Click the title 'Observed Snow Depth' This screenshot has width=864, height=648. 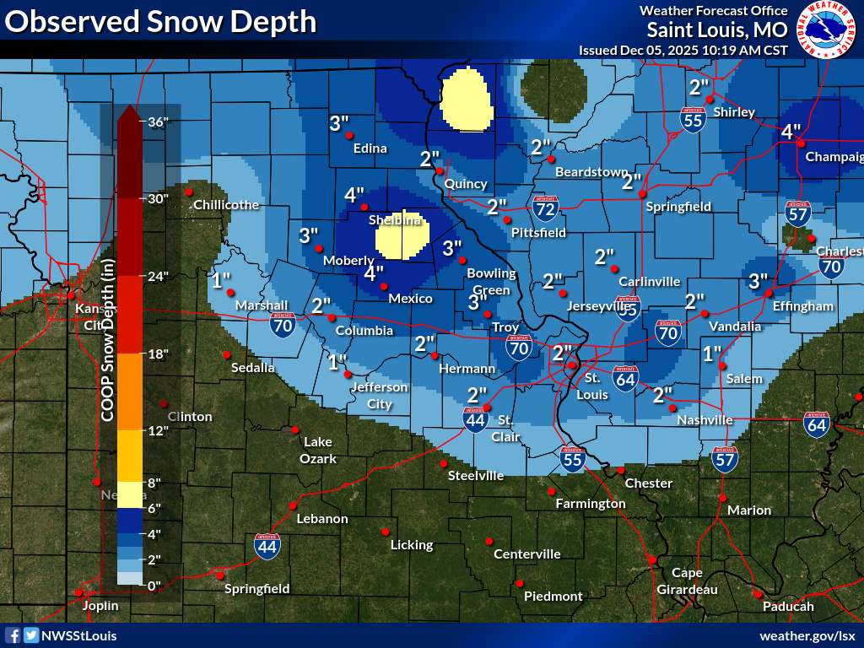pos(160,22)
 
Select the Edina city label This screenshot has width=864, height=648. pos(370,148)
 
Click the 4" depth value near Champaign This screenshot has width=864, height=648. pos(791,132)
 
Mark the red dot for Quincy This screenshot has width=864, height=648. pos(440,171)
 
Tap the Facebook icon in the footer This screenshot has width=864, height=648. pos(13,635)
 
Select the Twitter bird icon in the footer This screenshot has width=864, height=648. pos(31,635)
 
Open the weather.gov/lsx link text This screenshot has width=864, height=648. pos(807,635)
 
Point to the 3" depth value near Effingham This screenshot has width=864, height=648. pos(759,280)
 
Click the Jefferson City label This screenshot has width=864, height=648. pos(380,395)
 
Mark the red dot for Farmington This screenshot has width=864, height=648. pos(551,491)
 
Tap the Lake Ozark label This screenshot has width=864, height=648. pos(319,451)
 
